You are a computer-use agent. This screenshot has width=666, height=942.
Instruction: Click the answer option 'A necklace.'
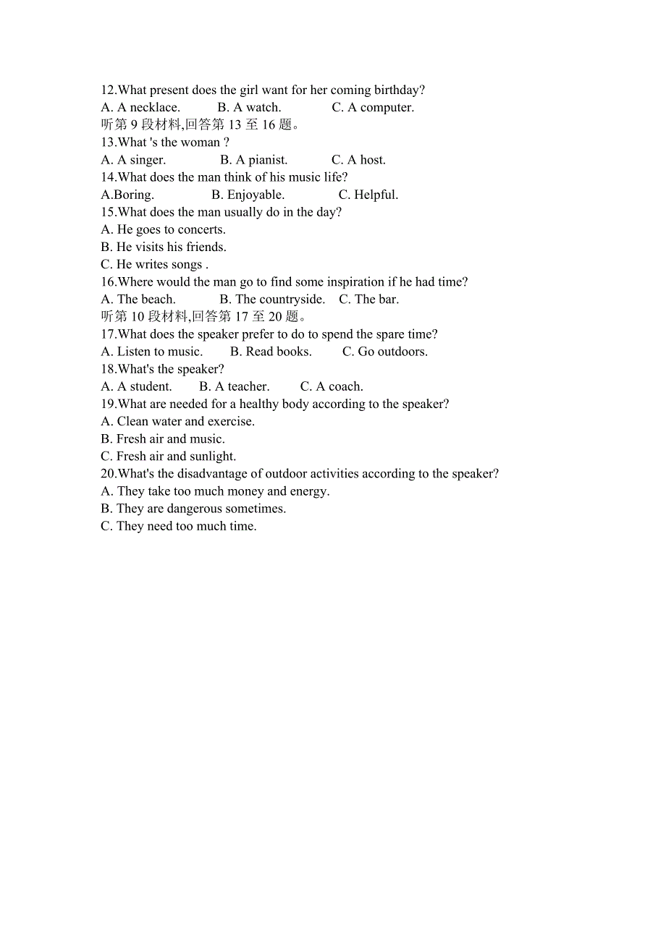point(140,108)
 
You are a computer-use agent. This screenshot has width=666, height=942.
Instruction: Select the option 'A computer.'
point(373,108)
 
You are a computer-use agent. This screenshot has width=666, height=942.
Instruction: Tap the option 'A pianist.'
point(253,160)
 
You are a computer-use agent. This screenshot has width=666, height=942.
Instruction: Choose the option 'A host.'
point(358,160)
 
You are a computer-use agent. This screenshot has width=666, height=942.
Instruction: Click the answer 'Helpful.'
point(368,195)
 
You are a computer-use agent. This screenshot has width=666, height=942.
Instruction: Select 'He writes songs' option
point(154,265)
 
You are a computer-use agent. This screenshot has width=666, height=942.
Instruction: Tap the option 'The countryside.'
point(272,300)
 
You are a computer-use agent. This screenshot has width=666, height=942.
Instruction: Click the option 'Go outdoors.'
point(384,352)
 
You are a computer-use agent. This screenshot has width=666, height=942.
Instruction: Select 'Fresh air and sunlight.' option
point(168,457)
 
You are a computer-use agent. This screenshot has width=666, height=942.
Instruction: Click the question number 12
point(108,90)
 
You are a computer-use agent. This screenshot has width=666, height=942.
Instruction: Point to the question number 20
point(108,474)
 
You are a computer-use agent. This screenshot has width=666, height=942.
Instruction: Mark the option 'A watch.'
point(249,108)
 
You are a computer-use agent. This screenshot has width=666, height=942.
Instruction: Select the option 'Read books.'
point(271,352)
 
